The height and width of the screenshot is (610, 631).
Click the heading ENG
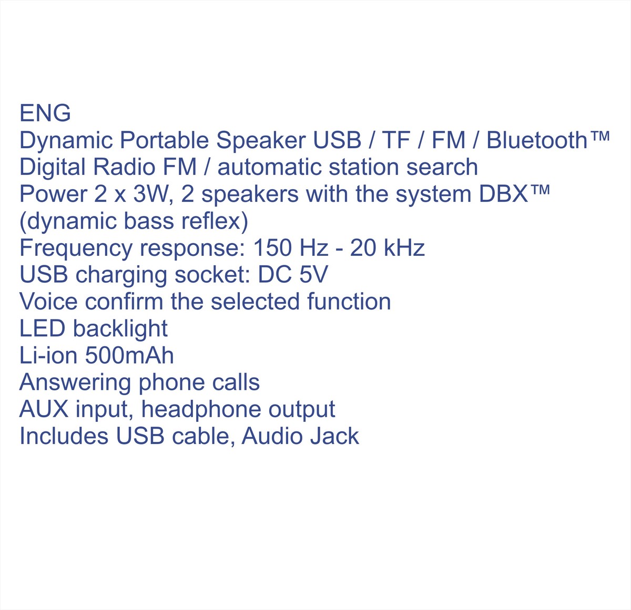point(45,113)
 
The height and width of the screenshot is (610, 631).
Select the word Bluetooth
point(537,140)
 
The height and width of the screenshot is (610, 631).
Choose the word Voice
point(48,302)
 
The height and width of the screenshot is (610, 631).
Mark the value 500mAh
point(129,355)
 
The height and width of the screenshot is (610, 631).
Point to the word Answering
point(75,382)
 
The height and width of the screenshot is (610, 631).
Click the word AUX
point(44,409)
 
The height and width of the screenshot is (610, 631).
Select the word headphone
point(201,409)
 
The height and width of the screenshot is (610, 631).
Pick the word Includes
point(64,436)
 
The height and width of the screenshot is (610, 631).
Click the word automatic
point(269,167)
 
